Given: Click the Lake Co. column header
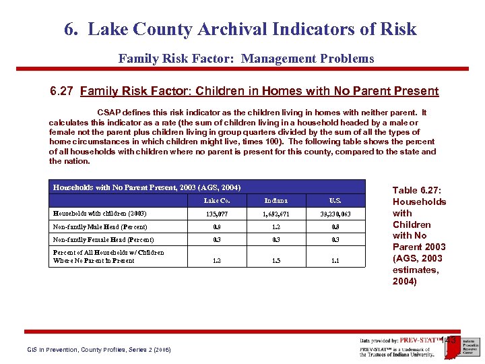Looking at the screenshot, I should pyautogui.click(x=217, y=201).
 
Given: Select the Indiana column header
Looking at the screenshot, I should pyautogui.click(x=276, y=201).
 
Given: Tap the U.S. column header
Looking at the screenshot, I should pyautogui.click(x=334, y=201).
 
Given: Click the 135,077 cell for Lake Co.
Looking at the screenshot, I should pyautogui.click(x=217, y=214).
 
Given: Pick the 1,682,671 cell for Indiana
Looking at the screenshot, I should pyautogui.click(x=276, y=214).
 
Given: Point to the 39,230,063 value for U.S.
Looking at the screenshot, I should pyautogui.click(x=334, y=214).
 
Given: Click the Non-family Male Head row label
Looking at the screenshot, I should pyautogui.click(x=100, y=227).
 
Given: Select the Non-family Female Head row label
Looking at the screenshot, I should pyautogui.click(x=103, y=240).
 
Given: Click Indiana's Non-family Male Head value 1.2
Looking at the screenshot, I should pyautogui.click(x=276, y=227).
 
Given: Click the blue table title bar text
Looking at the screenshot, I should pyautogui.click(x=146, y=187).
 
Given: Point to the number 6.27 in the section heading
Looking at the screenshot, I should pyautogui.click(x=63, y=91).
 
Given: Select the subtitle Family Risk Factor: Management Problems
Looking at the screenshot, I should pyautogui.click(x=246, y=59).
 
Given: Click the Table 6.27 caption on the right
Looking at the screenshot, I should pyautogui.click(x=419, y=190).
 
